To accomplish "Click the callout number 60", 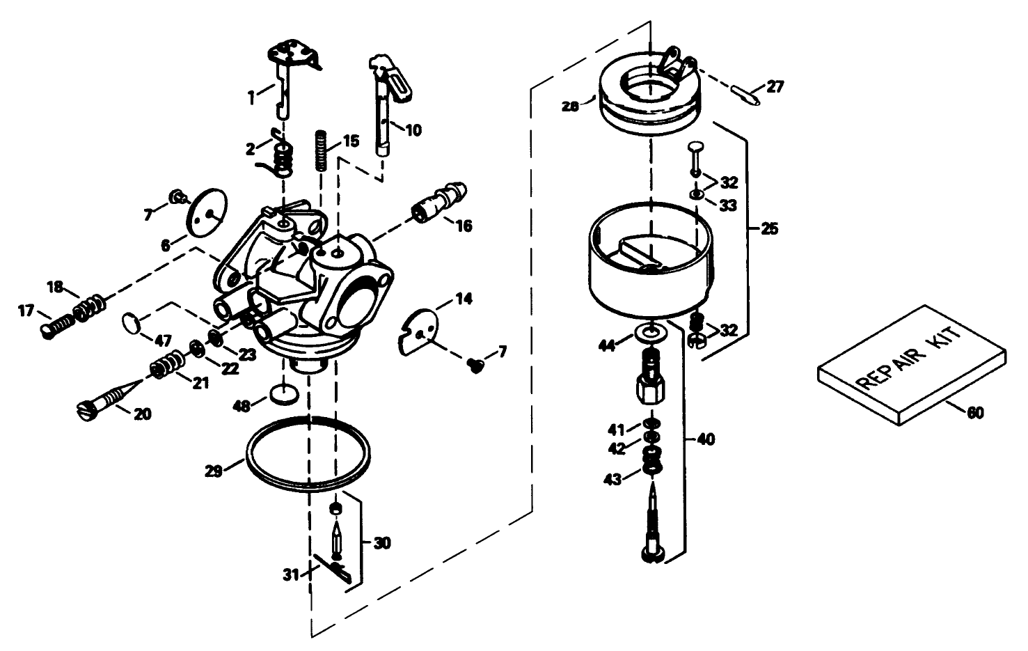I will [974, 413].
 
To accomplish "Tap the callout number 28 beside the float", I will [571, 107].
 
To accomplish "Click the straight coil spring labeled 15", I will [322, 150].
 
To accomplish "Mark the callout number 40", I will [705, 439].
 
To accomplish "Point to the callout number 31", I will [291, 574].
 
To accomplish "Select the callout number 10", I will [413, 130].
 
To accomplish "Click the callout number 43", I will [613, 480].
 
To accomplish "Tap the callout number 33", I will [728, 205].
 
